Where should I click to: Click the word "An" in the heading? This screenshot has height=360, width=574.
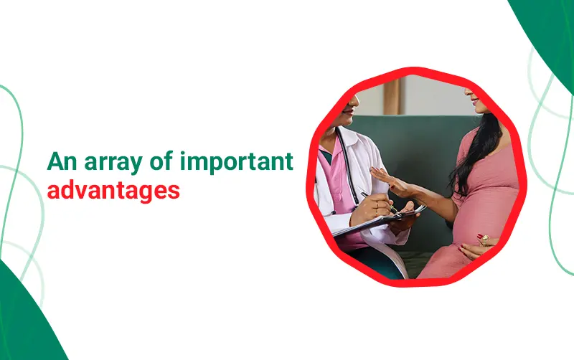pos(62,161)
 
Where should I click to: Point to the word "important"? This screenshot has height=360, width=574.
pos(237,163)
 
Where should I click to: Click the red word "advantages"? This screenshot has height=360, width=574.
pos(113,191)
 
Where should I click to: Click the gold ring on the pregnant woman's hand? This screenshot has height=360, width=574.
pos(484,240)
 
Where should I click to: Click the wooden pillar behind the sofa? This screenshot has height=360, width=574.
pos(392,97)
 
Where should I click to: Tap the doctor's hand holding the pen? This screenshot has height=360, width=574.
pos(372,209)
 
